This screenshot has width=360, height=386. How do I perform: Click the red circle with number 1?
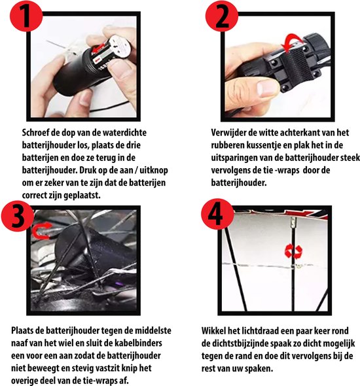point(26,16)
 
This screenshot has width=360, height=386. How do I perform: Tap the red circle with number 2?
point(222,16)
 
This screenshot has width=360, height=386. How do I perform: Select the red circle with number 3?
point(17,216)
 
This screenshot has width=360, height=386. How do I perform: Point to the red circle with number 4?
point(218,214)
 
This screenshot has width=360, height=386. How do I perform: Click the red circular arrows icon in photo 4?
point(293,252)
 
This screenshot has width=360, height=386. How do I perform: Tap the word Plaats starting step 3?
point(22,330)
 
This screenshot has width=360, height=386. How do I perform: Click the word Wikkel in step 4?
point(213,330)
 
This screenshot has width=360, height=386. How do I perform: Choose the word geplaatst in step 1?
point(82,196)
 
